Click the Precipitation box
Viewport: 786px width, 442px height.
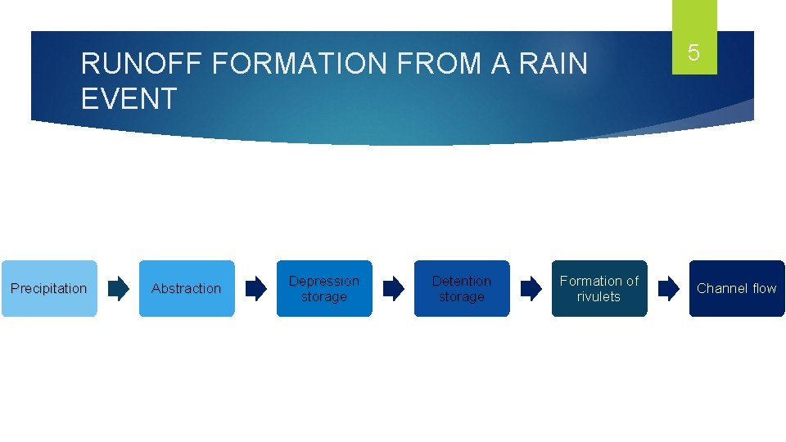49,288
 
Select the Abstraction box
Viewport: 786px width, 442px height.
187,288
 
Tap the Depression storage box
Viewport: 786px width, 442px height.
324,288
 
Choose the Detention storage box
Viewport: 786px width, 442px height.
462,288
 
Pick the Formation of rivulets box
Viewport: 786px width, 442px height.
599,288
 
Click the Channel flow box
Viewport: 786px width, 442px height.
737,288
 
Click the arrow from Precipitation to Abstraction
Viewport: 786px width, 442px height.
119,288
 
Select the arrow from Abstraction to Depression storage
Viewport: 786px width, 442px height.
256,288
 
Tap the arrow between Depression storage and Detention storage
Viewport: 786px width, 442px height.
394,288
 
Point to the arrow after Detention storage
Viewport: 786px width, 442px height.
531,288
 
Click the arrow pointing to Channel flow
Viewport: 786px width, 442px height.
669,288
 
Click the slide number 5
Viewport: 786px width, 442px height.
693,53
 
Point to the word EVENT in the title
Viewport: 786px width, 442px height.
129,99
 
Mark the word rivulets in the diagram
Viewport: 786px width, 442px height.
599,296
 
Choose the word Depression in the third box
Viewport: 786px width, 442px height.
324,281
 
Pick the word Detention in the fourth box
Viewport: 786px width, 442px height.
462,281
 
